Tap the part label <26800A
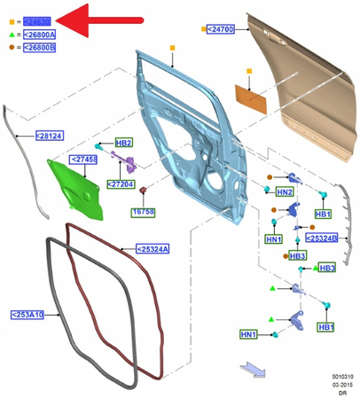(x=40, y=34)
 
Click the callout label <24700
(x=220, y=28)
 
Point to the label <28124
(x=49, y=136)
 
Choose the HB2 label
(x=123, y=143)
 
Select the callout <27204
(x=121, y=184)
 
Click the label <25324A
(x=153, y=249)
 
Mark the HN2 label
(x=284, y=192)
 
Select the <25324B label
(x=321, y=238)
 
